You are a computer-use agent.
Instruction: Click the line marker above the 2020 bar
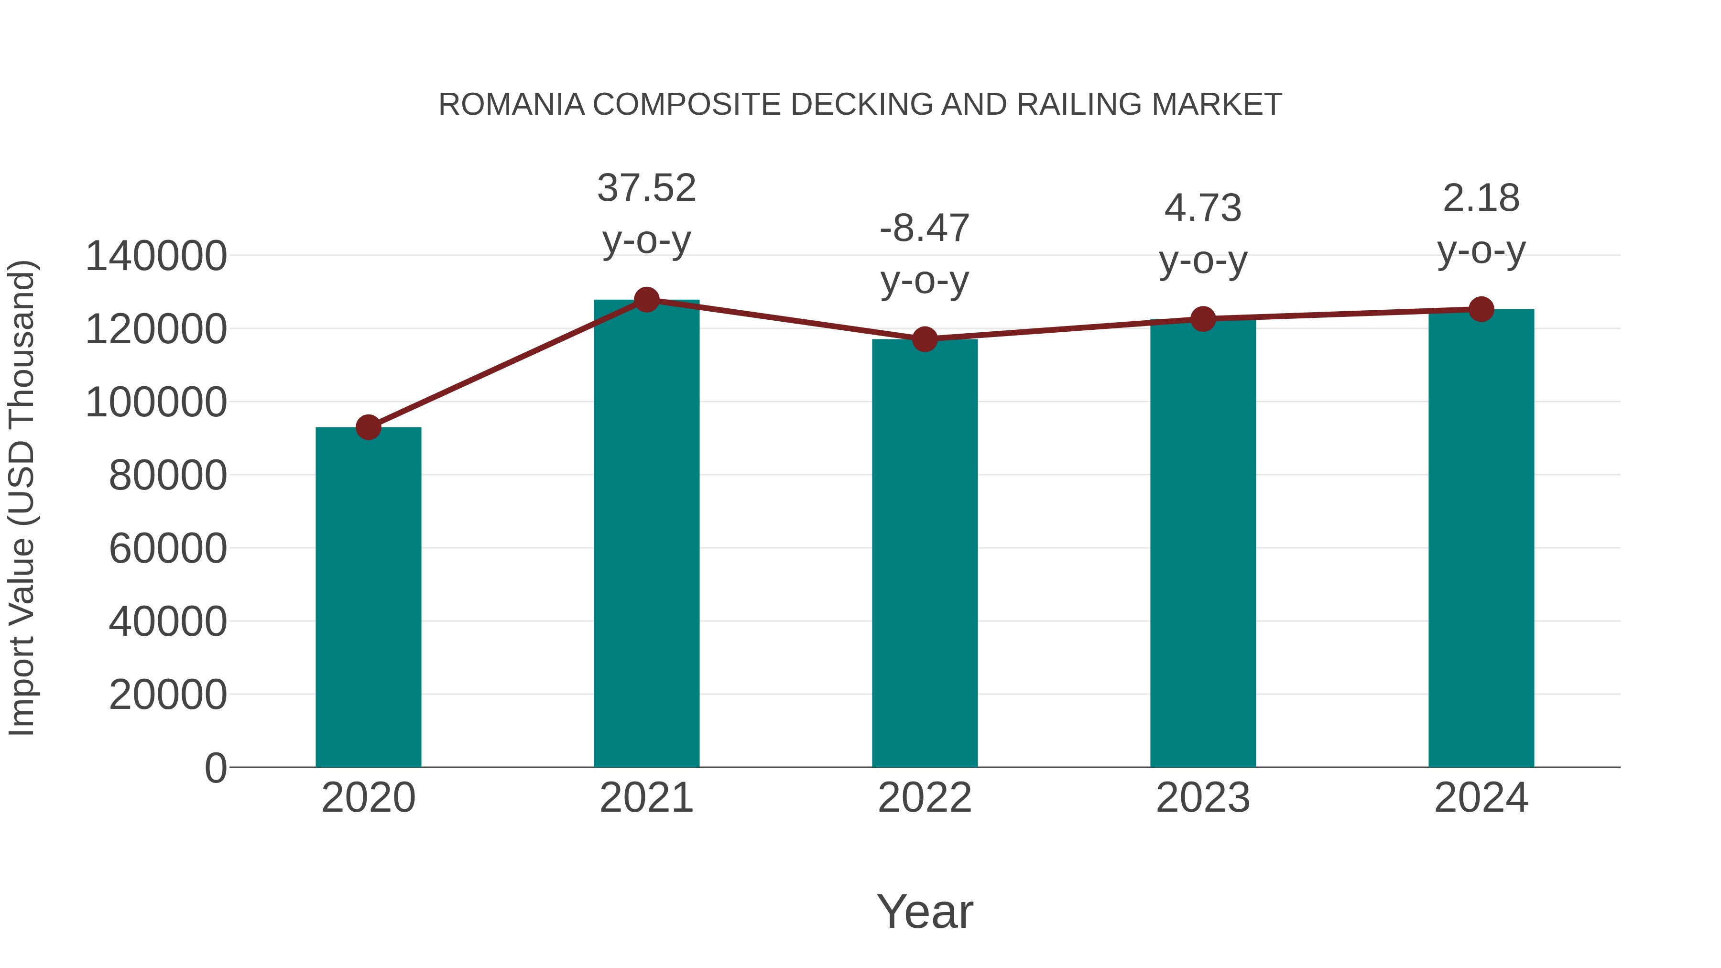[x=368, y=427]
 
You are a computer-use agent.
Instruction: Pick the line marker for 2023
[x=1203, y=319]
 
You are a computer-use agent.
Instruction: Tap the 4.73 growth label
[x=1203, y=208]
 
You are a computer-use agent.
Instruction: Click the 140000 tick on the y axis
[x=156, y=257]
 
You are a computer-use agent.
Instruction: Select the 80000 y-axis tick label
[x=168, y=476]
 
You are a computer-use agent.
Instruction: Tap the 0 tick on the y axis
[x=216, y=768]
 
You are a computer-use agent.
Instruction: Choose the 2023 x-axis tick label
[x=1203, y=798]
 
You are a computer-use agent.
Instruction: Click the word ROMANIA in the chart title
[x=511, y=105]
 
